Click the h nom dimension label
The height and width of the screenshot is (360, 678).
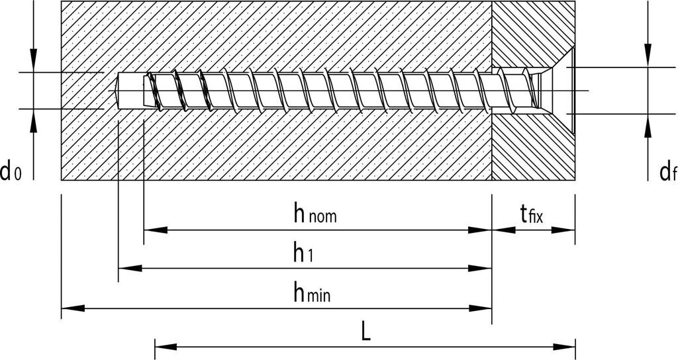(315, 214)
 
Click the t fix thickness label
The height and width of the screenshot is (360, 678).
(532, 214)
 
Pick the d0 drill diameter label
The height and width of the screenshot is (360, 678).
(10, 173)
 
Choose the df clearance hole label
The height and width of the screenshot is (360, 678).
(667, 173)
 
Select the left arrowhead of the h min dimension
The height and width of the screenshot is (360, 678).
(70, 308)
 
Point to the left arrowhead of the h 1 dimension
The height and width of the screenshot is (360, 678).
(126, 269)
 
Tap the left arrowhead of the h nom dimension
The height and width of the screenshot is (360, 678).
(152, 230)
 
